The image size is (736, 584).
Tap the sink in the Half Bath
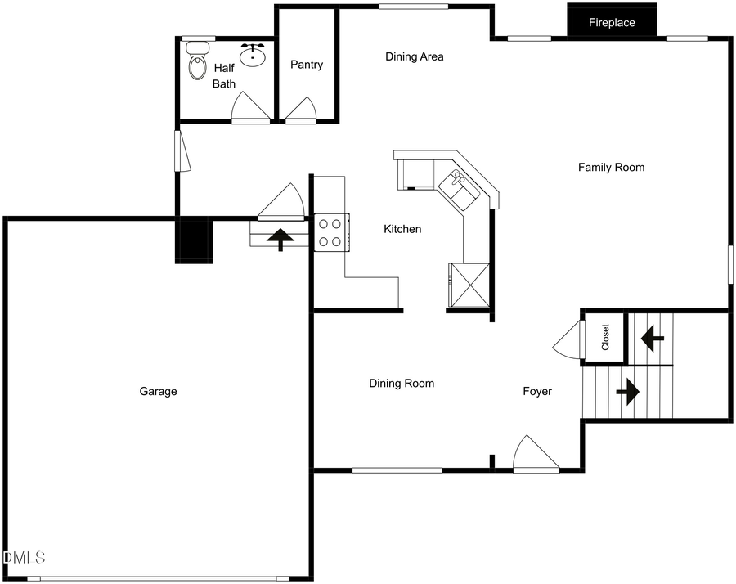click(x=256, y=56)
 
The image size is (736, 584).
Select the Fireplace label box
click(x=612, y=23)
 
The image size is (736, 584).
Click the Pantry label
click(x=307, y=65)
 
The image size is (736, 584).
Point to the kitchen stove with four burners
click(x=331, y=231)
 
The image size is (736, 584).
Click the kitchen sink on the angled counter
click(x=456, y=190)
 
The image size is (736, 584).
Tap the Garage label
click(x=158, y=392)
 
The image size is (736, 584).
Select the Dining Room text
click(x=402, y=384)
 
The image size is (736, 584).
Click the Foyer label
click(x=537, y=392)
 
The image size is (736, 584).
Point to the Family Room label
click(x=611, y=168)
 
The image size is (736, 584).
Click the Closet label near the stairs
click(x=605, y=337)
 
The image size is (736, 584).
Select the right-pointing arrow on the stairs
click(x=627, y=392)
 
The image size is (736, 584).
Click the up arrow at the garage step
click(x=280, y=239)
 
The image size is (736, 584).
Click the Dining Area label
click(x=415, y=56)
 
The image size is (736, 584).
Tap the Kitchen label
click(x=402, y=229)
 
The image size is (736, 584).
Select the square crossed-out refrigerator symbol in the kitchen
click(x=469, y=285)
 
